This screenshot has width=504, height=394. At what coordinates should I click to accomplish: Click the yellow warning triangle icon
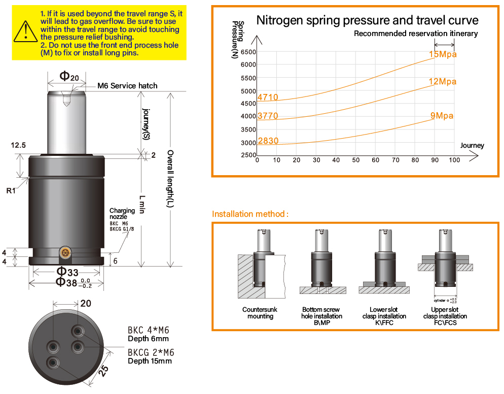point(26,32)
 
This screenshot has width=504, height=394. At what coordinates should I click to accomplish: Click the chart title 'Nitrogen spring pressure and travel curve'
point(367,20)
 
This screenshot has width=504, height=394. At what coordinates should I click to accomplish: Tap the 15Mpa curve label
point(443,54)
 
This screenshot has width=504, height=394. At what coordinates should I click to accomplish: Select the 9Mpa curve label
point(442,116)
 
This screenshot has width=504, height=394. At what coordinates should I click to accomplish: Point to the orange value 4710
point(268,97)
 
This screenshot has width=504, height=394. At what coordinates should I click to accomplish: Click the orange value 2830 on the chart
point(268,141)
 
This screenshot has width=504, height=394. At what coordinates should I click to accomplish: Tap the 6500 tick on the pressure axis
point(248,52)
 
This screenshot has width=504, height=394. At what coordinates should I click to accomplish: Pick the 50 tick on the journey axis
point(355,160)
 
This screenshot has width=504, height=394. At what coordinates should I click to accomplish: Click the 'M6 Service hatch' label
point(127,86)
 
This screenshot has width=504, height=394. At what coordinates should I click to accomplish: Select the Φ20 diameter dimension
point(69,76)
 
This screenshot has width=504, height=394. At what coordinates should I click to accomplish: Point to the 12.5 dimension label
point(18,145)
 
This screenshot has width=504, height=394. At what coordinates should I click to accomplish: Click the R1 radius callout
point(11,190)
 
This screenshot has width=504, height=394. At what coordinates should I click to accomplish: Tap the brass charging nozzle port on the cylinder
point(65,253)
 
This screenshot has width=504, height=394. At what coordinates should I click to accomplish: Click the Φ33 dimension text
point(67,272)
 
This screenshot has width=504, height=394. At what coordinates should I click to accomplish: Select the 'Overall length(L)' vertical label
point(170,179)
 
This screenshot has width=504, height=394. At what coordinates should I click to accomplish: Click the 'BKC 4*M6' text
point(148,330)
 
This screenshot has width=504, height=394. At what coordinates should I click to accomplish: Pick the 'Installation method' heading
point(250,214)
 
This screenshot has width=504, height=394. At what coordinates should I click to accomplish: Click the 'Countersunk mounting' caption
point(260,313)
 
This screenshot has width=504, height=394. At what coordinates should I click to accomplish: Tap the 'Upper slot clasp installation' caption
point(445,313)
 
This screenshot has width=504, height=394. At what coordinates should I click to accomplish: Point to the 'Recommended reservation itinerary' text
point(416,34)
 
